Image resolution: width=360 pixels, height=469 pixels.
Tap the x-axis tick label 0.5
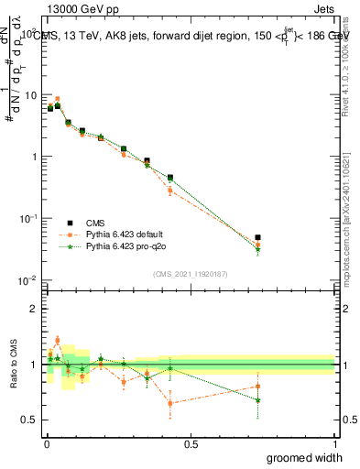pos(190,444)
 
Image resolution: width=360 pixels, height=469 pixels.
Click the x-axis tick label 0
pos(46,444)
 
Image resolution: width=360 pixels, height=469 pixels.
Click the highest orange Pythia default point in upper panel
pos(58,99)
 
